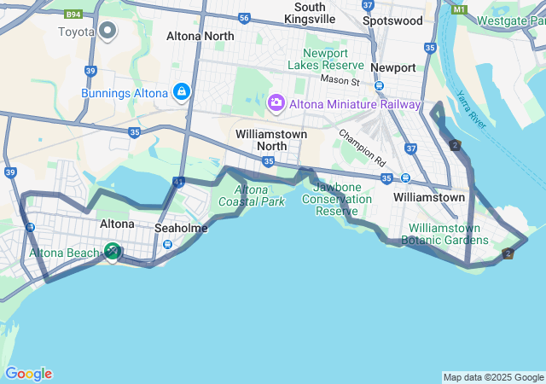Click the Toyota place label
pos(76,32)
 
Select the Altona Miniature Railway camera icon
pos(276,103)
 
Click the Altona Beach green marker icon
pos(112,251)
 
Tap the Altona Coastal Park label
pos(252,195)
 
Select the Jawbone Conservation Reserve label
pos(343,199)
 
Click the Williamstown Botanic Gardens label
pos(449,234)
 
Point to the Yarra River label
pos(471,110)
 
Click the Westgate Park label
pos(508,20)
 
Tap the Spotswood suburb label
pos(392,20)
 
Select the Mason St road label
pos(340,79)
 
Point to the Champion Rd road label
pos(362,147)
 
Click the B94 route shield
pos(74,15)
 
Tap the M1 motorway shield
pos(461,9)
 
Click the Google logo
pos(28,374)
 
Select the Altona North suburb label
pos(200,36)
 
